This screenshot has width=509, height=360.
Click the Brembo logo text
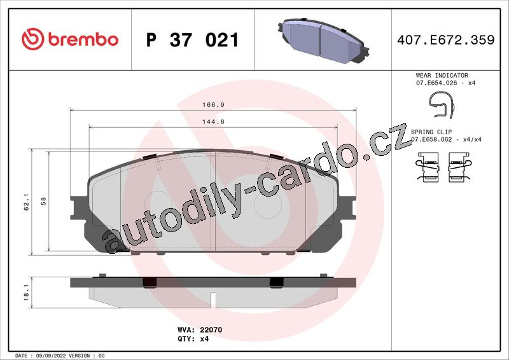click(x=83, y=39)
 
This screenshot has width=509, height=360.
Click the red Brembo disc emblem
click(x=32, y=39)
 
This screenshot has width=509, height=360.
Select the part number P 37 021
click(x=193, y=40)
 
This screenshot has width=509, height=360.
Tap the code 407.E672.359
click(x=446, y=39)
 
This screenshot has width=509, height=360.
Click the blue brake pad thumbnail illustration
click(x=323, y=40)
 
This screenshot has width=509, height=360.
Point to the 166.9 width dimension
click(x=213, y=104)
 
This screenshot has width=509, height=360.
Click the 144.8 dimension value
click(x=213, y=121)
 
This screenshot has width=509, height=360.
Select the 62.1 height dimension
click(x=26, y=202)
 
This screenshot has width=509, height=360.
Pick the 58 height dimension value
click(x=43, y=201)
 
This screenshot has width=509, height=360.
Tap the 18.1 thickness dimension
click(x=26, y=292)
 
